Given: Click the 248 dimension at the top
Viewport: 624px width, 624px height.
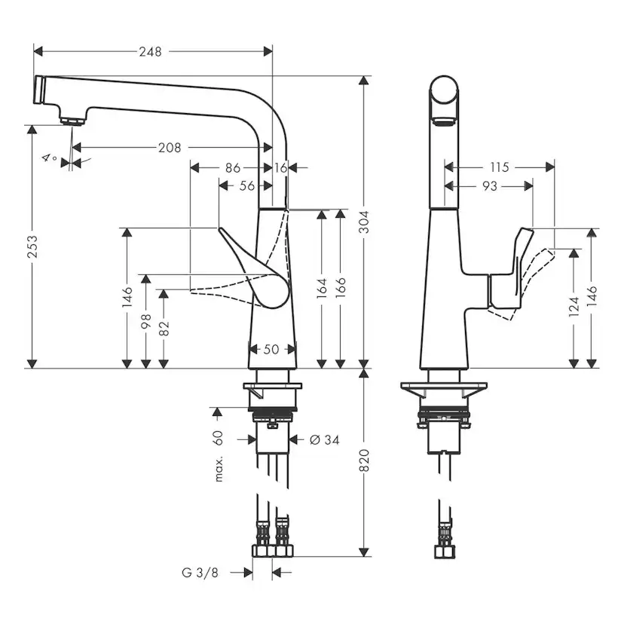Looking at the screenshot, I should [x=149, y=51].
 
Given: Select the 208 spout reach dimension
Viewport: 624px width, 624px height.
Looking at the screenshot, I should [x=170, y=148].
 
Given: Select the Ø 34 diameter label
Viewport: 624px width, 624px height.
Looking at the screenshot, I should [x=325, y=439].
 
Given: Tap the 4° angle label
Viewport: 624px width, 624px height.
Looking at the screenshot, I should [x=50, y=158].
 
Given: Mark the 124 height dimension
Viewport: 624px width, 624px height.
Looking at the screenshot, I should [x=575, y=305].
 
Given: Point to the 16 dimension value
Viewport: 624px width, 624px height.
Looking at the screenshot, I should [x=280, y=167].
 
